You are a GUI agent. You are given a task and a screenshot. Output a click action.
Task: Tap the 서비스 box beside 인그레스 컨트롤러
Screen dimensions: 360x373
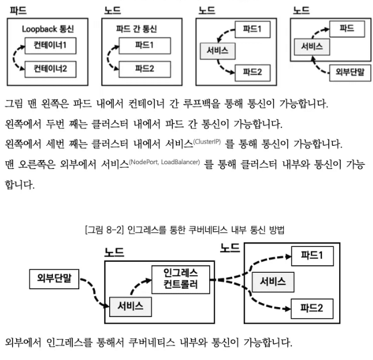click(x=131, y=304)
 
